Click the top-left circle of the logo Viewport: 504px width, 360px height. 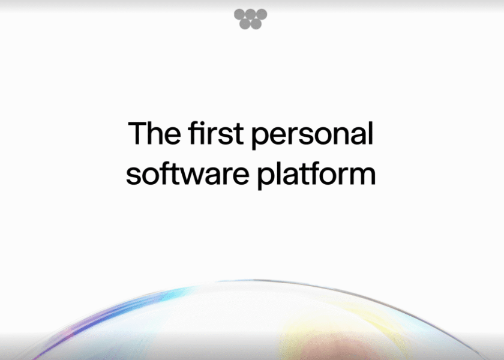tap(239, 14)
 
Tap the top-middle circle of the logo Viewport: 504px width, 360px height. tap(250, 14)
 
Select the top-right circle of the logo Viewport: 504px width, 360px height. tap(262, 14)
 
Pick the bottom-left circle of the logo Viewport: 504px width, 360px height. tap(245, 24)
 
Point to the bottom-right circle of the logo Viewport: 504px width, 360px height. tap(256, 24)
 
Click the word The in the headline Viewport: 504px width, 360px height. tap(154, 133)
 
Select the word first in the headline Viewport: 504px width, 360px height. tap(215, 133)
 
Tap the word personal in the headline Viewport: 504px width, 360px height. tap(312, 135)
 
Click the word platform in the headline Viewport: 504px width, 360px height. tap(317, 175)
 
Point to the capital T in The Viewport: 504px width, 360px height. tap(137, 133)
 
